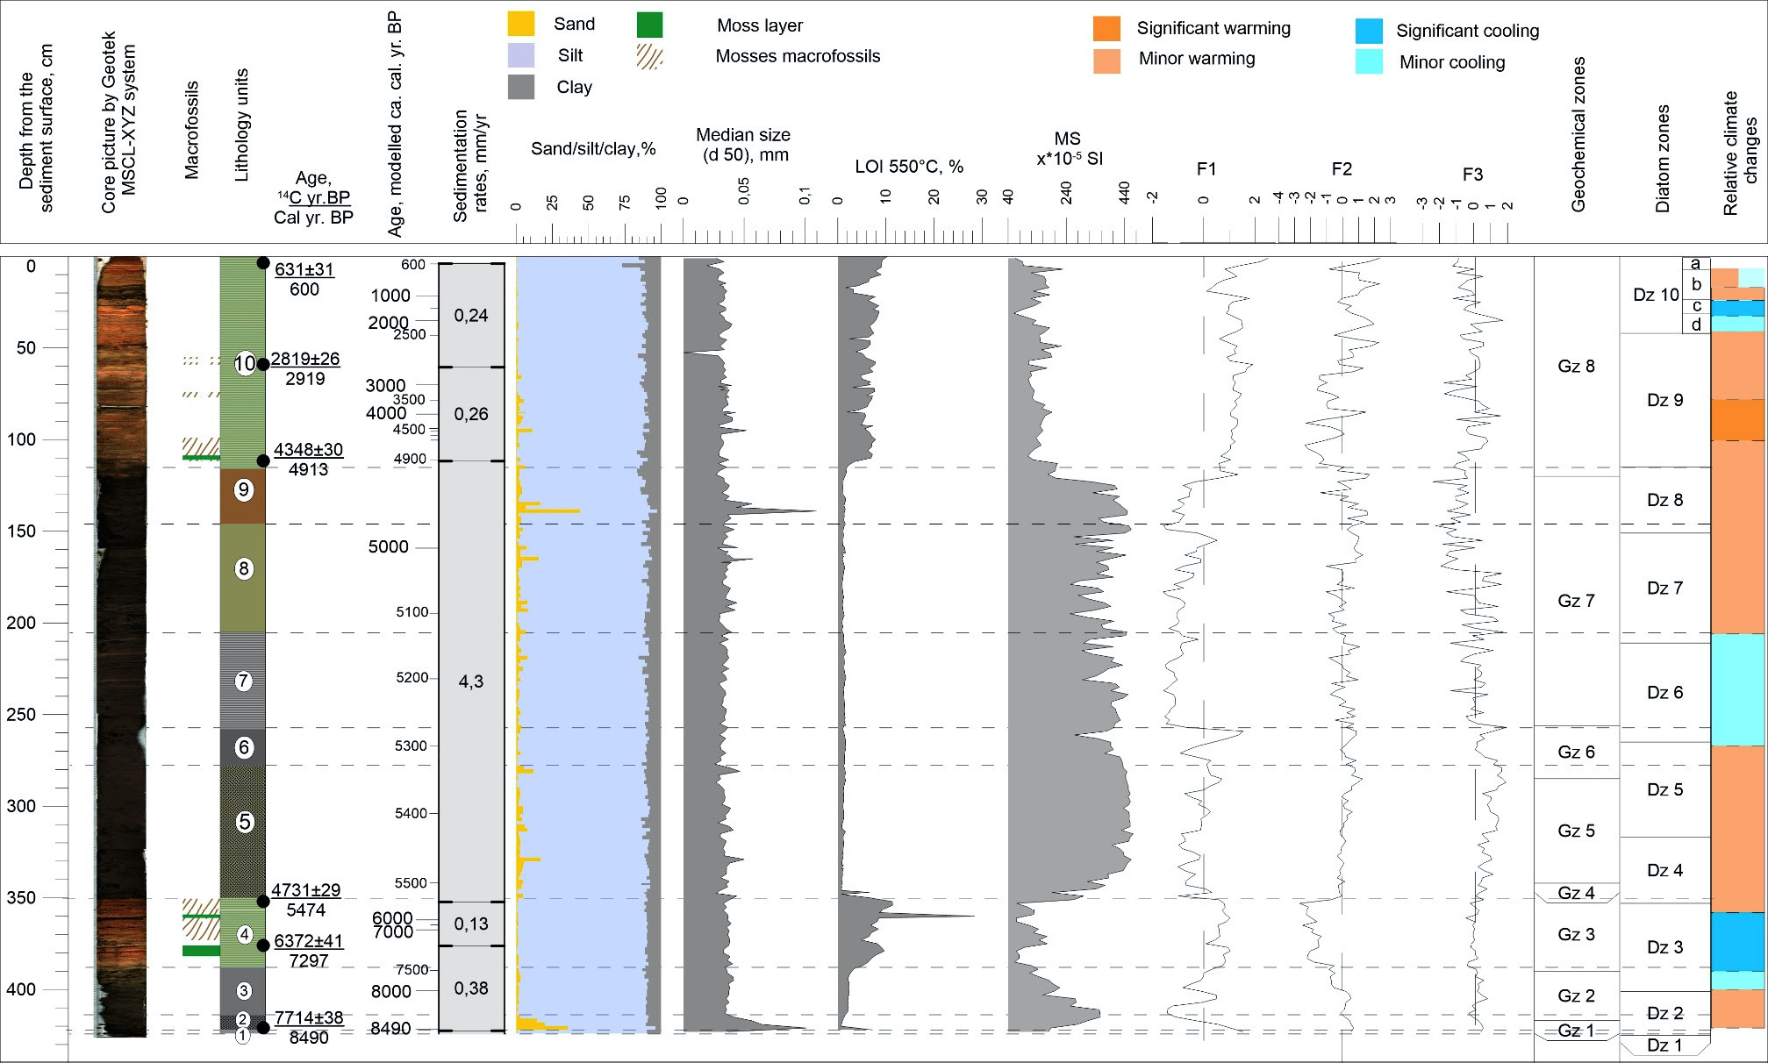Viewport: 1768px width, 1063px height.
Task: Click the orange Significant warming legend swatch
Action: (x=1106, y=28)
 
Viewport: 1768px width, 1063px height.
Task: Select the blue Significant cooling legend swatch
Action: (x=1369, y=31)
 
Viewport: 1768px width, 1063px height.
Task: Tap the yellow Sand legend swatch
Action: (x=521, y=24)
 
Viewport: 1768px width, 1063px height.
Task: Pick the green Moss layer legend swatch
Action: (x=649, y=25)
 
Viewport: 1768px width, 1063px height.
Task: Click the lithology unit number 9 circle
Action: (x=243, y=489)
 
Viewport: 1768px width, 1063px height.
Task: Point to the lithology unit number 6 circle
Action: (x=244, y=747)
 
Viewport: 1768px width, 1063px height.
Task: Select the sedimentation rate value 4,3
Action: (x=471, y=681)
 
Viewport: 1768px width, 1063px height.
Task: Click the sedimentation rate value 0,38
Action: (x=471, y=988)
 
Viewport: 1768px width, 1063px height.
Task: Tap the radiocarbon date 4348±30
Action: (x=308, y=450)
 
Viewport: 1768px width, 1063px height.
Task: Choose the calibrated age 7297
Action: (x=308, y=960)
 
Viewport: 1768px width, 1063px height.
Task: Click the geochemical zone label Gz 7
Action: (x=1576, y=601)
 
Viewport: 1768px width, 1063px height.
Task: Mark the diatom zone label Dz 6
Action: (x=1664, y=693)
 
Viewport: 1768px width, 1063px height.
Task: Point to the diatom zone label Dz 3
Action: (x=1664, y=947)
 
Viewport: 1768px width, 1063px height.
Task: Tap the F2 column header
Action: (x=1341, y=169)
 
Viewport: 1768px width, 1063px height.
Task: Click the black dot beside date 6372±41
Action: (x=262, y=945)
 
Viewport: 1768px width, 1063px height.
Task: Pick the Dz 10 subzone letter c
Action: (x=1696, y=306)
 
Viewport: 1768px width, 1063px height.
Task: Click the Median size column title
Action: (x=743, y=145)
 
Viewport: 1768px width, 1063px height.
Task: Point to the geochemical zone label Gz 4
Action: (x=1576, y=893)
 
